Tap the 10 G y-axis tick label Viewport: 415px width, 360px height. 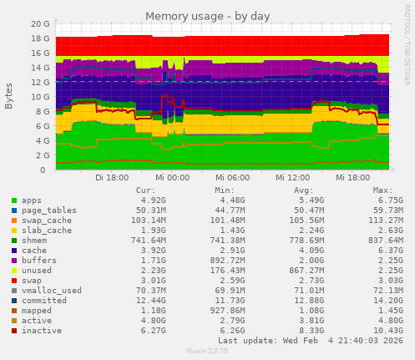pyautogui.click(x=40, y=97)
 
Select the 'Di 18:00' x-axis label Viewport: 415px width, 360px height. pyautogui.click(x=112, y=178)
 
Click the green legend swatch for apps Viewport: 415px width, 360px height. pyautogui.click(x=13, y=200)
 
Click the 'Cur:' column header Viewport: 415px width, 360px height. pyautogui.click(x=144, y=190)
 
